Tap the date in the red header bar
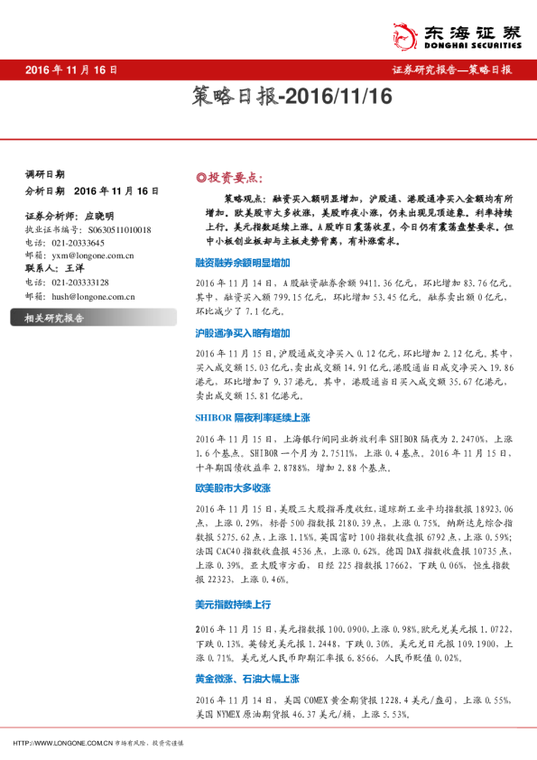[x=71, y=70]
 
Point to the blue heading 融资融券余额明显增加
[x=242, y=262]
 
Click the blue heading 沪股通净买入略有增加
[x=242, y=333]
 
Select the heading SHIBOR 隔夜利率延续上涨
[x=252, y=417]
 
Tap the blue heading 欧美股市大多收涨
[x=233, y=487]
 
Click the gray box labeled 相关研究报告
[x=54, y=318]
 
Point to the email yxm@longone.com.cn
[x=93, y=255]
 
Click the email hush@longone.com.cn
[x=94, y=295]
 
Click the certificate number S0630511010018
[x=107, y=229]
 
